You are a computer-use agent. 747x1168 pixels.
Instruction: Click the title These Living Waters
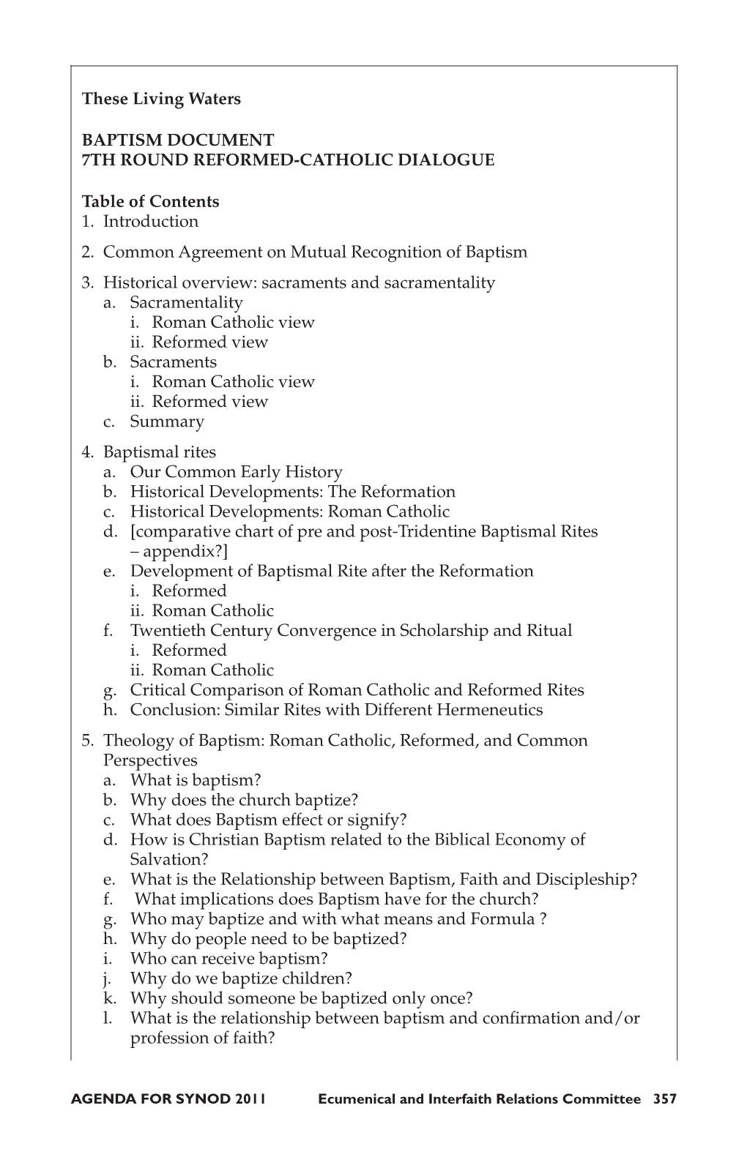coord(161,99)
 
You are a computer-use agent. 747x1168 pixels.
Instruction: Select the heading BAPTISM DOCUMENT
coord(178,139)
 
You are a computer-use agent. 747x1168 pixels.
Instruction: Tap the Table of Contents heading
coord(150,201)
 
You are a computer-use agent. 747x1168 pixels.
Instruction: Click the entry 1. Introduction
coord(140,221)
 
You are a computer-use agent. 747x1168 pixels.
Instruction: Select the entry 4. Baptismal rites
coord(149,452)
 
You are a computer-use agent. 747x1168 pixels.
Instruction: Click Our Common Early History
coord(236,472)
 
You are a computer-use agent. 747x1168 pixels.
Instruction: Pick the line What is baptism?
coord(195,780)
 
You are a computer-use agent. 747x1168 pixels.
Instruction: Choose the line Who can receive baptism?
coord(228,958)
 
